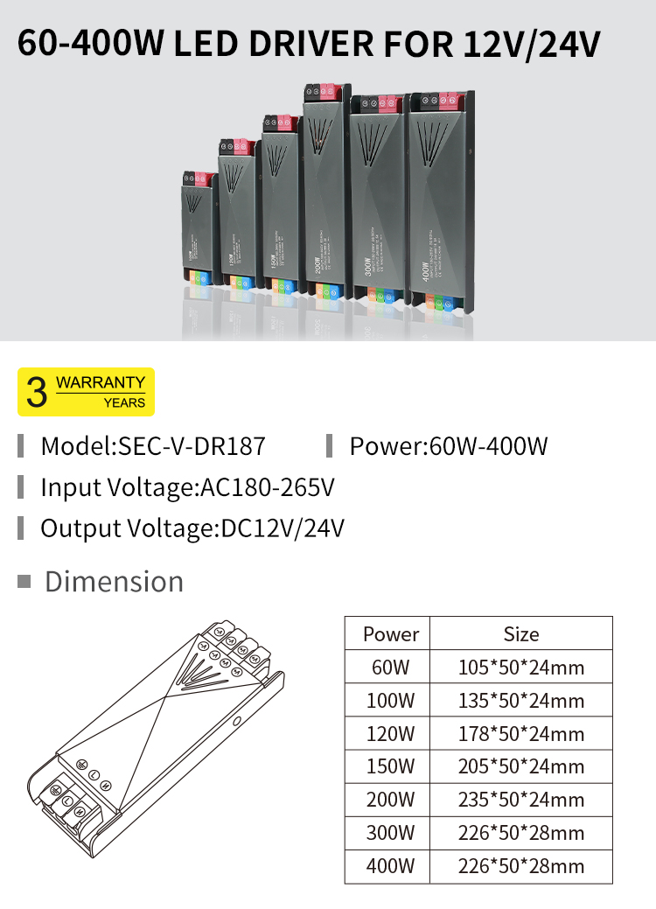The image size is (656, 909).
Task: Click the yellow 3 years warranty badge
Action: tap(86, 392)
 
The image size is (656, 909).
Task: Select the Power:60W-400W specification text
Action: tap(448, 446)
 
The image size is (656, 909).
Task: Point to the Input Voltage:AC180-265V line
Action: tap(187, 487)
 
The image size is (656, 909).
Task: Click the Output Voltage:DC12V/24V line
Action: tap(192, 528)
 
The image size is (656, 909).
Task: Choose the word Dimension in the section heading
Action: tap(114, 582)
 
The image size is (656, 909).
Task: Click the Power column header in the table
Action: tap(391, 633)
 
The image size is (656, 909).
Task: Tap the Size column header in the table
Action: tap(521, 633)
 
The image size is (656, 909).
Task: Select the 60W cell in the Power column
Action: tap(391, 668)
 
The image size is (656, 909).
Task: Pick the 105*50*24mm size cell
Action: tap(521, 668)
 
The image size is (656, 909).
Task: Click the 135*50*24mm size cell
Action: tap(521, 701)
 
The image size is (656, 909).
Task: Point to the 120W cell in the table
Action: tap(391, 733)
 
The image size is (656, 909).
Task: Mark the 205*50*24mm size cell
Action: tap(521, 766)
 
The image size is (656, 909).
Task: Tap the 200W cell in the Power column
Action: tap(391, 800)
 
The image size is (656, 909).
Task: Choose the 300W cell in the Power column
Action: tap(391, 833)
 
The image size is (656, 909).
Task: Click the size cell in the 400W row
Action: tap(521, 866)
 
